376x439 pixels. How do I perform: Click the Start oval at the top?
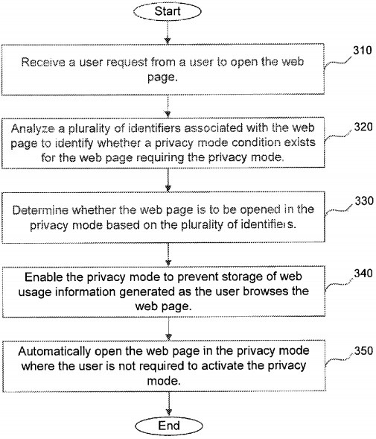point(169,12)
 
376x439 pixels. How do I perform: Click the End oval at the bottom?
point(169,426)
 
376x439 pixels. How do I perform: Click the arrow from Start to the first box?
point(169,34)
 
